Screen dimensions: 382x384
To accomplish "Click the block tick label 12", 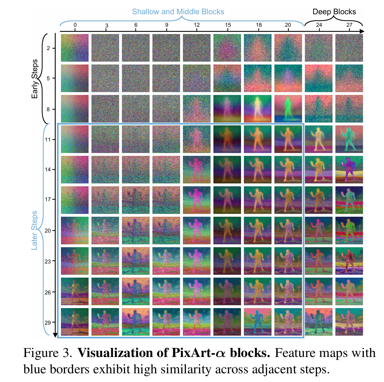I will [x=197, y=25].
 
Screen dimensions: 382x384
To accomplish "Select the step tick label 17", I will [x=48, y=200].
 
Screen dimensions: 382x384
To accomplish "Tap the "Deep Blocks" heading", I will [x=334, y=12].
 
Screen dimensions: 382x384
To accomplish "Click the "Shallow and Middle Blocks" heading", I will [x=178, y=12].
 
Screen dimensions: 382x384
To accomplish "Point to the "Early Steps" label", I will [x=35, y=79].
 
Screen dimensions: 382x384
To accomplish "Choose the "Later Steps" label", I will [x=35, y=230].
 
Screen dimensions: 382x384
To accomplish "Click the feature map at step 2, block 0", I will [x=75, y=48].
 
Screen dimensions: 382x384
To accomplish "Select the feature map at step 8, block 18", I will [x=258, y=109].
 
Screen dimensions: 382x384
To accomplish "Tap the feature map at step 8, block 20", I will [x=288, y=109].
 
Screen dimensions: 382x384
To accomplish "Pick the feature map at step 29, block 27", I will [x=349, y=322].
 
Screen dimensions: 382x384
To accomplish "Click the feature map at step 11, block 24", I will [x=319, y=139].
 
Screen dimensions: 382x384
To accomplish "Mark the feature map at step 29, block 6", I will [x=136, y=322].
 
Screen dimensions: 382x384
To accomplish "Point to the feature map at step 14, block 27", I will [x=349, y=170].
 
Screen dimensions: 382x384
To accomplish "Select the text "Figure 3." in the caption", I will [x=48, y=353].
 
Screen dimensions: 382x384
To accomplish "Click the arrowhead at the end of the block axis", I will [x=362, y=32].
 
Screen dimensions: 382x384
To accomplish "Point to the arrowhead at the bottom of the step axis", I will [x=55, y=335].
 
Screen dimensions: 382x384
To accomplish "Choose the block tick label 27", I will [x=349, y=25].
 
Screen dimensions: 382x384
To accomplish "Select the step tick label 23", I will [x=48, y=261].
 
